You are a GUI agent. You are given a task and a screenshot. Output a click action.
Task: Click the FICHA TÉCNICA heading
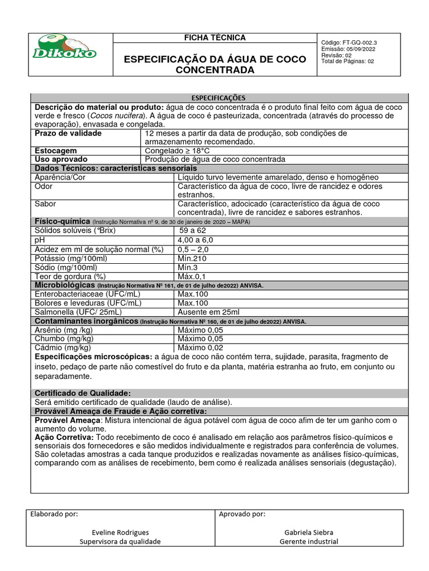(215, 38)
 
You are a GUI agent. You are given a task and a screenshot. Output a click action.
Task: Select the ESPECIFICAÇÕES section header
(219, 98)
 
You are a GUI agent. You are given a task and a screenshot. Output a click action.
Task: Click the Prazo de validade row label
(68, 134)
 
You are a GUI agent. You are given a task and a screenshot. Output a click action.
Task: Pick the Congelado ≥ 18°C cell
(178, 151)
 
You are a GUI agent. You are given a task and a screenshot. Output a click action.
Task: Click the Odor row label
(44, 186)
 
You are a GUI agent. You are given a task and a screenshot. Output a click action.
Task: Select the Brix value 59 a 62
(193, 230)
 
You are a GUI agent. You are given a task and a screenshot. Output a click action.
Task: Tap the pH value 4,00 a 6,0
(196, 240)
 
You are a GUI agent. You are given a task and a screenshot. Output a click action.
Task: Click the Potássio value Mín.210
(192, 258)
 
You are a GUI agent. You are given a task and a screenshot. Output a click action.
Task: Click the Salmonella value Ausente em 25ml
(208, 312)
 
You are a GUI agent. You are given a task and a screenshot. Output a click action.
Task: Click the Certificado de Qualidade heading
(83, 393)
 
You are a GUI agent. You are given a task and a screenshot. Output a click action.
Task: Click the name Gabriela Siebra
(308, 533)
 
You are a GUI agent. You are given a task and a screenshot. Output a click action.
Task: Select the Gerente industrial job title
(308, 541)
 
